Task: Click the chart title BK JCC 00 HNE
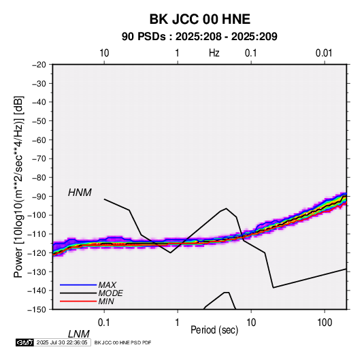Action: click(x=199, y=19)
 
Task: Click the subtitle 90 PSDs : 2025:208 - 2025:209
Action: click(x=199, y=37)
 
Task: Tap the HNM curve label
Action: click(x=80, y=193)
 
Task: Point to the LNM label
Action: click(x=79, y=334)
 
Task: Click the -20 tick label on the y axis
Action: click(x=39, y=65)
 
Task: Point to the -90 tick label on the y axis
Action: click(x=39, y=196)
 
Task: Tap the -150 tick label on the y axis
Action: click(x=37, y=310)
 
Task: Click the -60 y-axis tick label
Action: click(x=39, y=140)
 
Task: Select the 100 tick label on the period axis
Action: click(x=325, y=323)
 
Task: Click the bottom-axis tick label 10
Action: click(x=251, y=323)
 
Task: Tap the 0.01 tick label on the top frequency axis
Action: click(x=324, y=53)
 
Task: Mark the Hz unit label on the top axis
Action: click(x=214, y=53)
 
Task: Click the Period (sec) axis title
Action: click(x=214, y=330)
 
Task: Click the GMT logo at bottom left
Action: click(x=25, y=342)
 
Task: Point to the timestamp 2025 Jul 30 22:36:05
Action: click(x=62, y=342)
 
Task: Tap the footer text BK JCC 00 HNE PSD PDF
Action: click(x=123, y=342)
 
